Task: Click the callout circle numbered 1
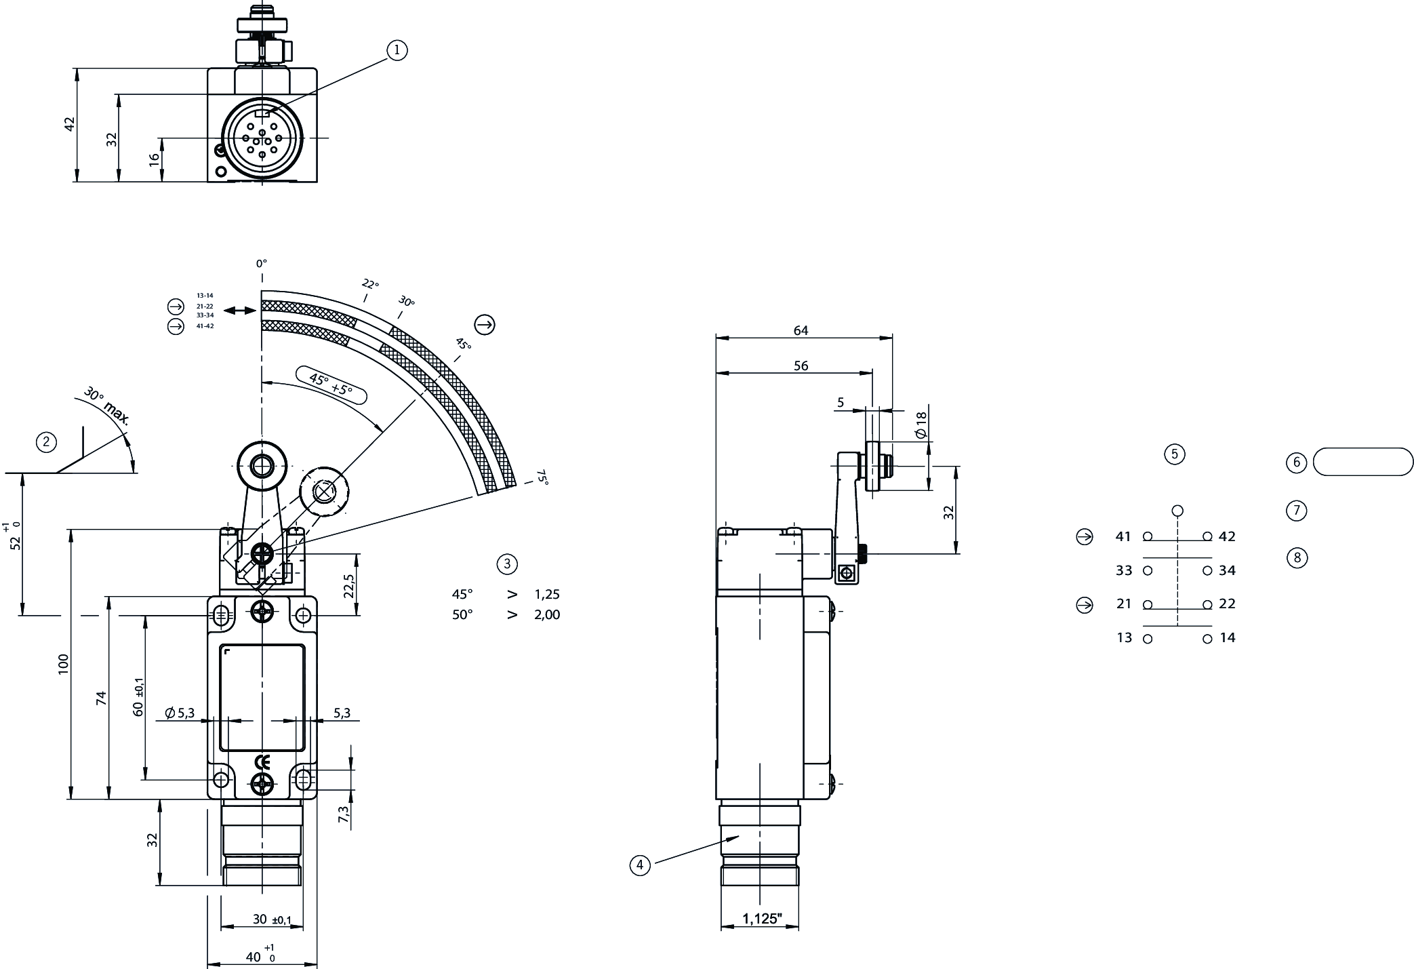397,50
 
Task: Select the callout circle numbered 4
639,865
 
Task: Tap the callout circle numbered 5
1174,454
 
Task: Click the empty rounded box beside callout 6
1363,462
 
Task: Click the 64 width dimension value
801,330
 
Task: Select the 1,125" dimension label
762,919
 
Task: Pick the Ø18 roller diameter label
920,424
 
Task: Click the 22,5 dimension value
348,587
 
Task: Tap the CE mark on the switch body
262,761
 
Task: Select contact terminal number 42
1227,536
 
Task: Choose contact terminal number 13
1124,637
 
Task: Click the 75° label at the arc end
542,477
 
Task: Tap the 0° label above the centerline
262,262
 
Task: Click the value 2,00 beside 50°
547,614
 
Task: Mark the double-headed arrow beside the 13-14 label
239,310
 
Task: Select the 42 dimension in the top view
69,124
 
